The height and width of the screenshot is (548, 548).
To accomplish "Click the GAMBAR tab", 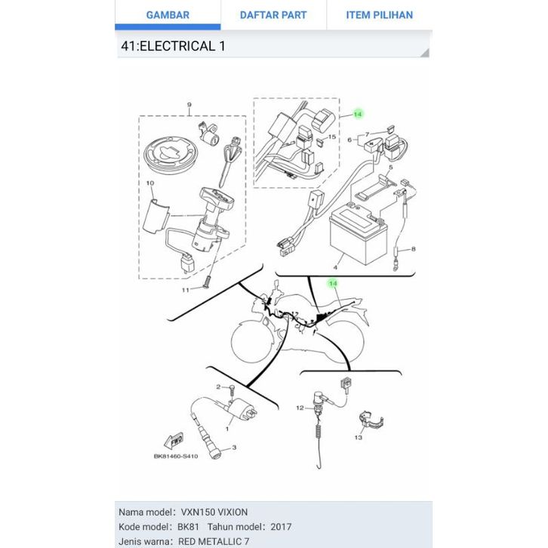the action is click(168, 15).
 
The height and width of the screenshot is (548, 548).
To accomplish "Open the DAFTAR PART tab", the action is click(273, 15).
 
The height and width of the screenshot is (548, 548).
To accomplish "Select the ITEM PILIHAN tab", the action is click(379, 15).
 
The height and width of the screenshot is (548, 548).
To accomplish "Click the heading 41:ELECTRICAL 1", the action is click(173, 46).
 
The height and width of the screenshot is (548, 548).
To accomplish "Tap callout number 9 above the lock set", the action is click(189, 105).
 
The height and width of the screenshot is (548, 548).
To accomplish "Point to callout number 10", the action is click(150, 183).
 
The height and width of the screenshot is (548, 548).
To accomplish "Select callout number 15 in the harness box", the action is click(331, 137).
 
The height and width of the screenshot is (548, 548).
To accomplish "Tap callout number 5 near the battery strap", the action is click(391, 167).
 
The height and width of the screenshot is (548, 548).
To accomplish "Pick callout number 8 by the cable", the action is click(414, 248).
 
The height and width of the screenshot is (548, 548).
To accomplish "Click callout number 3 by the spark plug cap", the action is click(234, 448).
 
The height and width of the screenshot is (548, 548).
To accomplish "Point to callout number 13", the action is click(358, 438).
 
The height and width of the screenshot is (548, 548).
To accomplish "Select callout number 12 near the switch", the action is click(299, 408).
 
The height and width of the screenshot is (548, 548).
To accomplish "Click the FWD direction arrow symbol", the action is click(175, 439).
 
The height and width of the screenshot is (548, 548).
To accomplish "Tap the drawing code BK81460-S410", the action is click(176, 456).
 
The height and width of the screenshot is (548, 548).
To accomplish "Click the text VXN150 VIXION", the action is click(215, 512).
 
